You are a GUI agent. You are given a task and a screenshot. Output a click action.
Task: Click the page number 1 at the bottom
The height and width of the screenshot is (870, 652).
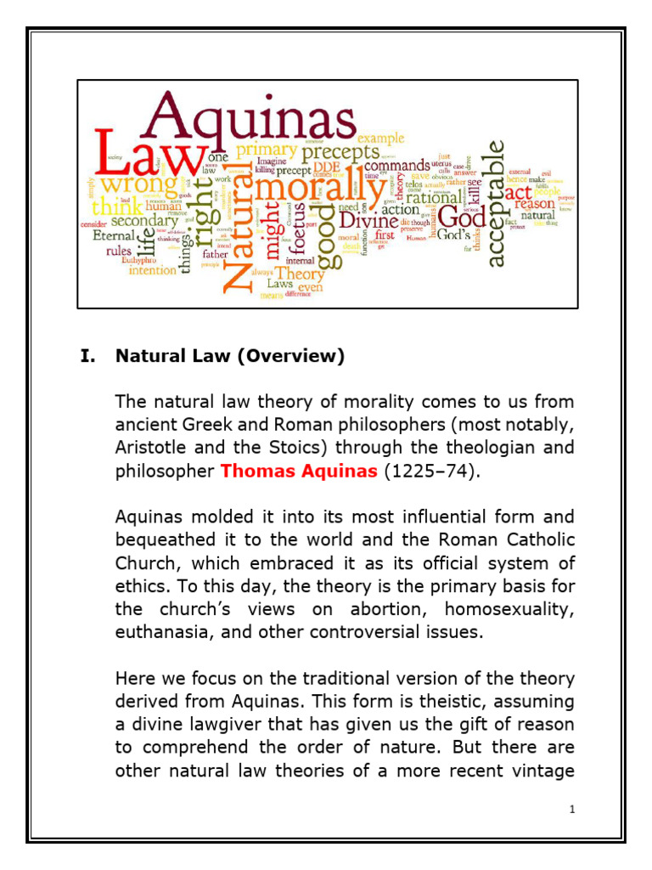(573, 809)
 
